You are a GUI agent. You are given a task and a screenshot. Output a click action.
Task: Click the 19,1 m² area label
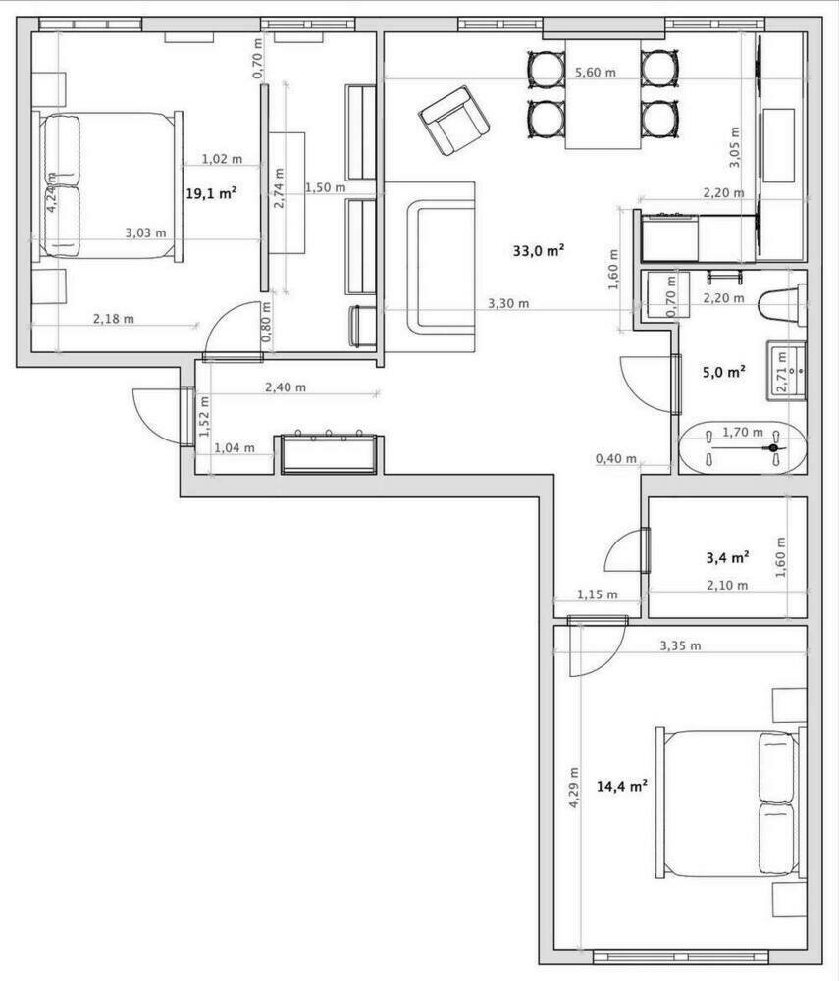point(211,193)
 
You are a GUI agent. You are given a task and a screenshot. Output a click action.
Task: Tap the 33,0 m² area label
point(539,251)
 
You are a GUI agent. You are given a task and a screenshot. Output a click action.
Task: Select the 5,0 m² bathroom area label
point(724,372)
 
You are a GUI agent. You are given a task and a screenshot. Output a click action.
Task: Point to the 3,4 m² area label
point(728,557)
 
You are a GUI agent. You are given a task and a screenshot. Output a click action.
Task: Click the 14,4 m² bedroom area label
point(621,786)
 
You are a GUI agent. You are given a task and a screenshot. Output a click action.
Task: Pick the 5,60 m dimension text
point(595,73)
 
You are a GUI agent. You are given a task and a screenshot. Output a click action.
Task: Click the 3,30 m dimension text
point(508,304)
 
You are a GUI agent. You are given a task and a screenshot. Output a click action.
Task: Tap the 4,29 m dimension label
point(574,788)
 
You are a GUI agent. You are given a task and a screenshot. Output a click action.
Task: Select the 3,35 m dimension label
point(680,645)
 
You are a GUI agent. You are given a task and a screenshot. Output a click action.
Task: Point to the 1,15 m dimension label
point(597,594)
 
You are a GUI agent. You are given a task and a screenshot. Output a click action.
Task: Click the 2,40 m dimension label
point(286,387)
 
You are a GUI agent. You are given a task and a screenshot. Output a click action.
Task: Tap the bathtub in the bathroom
point(742,448)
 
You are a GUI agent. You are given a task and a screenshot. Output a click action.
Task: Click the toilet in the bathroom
point(781,305)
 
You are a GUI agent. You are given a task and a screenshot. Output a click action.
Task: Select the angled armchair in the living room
point(454,121)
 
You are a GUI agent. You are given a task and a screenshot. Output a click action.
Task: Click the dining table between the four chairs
point(603,94)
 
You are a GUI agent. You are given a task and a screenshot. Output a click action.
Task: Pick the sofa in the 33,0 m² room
point(430,267)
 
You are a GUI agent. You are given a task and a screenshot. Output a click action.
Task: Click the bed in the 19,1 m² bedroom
point(108,185)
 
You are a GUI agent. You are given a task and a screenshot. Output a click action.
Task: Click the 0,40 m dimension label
point(615,459)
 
